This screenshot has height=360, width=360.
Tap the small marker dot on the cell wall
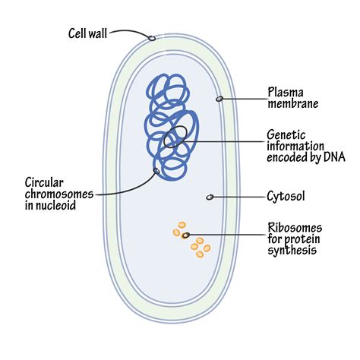151,37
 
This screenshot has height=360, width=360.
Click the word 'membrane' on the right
292,105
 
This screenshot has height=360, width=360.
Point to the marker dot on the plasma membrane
219,99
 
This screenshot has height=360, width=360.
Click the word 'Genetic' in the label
286,134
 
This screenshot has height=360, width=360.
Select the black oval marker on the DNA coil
171,141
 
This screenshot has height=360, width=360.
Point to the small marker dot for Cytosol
210,197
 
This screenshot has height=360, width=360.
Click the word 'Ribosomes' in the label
295,228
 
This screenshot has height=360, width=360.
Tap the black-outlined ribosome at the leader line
186,235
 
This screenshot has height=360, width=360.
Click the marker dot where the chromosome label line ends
156,171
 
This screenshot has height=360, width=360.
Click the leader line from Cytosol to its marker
239,197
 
